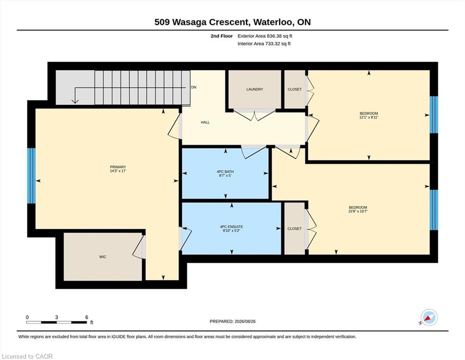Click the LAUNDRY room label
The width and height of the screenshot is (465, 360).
[254, 89]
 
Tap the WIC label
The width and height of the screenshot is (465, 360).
[103, 257]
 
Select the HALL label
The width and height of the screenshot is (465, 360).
[205, 122]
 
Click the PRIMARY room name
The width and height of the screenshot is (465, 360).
[118, 167]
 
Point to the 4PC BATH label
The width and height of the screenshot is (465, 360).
[225, 172]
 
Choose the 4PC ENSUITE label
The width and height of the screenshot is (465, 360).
[231, 227]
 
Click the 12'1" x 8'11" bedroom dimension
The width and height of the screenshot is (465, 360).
[369, 117]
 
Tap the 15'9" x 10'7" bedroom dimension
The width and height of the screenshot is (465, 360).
[358, 211]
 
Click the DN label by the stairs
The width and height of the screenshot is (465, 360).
[194, 87]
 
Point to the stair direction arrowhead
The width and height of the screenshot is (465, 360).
[75, 101]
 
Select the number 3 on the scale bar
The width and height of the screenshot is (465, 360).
[56, 317]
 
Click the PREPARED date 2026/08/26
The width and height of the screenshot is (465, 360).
[245, 322]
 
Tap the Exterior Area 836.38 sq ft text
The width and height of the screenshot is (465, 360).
[265, 36]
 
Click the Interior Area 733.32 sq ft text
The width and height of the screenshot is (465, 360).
[264, 44]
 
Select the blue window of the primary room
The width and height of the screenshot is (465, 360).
[31, 176]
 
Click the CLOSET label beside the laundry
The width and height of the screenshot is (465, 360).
[295, 89]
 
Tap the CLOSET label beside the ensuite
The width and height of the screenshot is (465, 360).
[295, 229]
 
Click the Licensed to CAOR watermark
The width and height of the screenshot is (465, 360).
[27, 356]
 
